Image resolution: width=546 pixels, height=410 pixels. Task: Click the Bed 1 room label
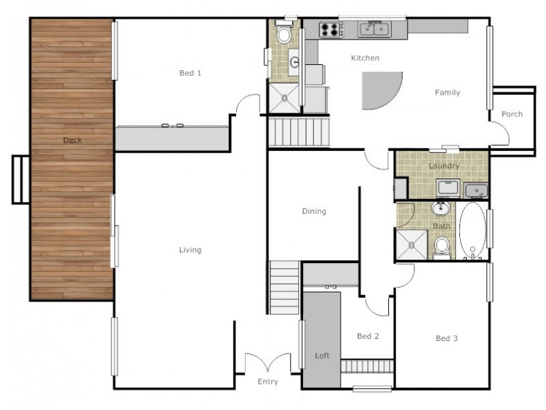(190, 73)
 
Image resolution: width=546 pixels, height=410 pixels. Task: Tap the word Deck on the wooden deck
(72, 140)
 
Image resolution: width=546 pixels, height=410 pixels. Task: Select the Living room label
(190, 250)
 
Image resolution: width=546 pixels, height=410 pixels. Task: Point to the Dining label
(314, 211)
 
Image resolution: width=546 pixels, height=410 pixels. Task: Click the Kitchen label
(365, 58)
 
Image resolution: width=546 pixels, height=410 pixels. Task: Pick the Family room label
(448, 93)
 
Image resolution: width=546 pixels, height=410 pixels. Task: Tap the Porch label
(512, 114)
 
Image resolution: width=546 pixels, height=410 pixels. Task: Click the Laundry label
(444, 166)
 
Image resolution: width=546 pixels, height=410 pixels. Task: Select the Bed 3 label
(446, 338)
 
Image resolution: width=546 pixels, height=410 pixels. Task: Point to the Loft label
(321, 355)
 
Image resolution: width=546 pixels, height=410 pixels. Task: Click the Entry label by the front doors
(268, 382)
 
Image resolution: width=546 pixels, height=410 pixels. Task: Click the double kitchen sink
(374, 29)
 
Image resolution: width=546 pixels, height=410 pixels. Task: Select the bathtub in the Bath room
(472, 230)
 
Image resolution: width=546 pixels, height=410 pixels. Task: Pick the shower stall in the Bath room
(412, 245)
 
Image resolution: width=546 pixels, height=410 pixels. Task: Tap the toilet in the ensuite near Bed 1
(284, 33)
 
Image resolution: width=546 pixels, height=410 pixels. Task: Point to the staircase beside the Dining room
(285, 288)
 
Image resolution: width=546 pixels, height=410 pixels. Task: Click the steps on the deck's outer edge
(20, 180)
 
